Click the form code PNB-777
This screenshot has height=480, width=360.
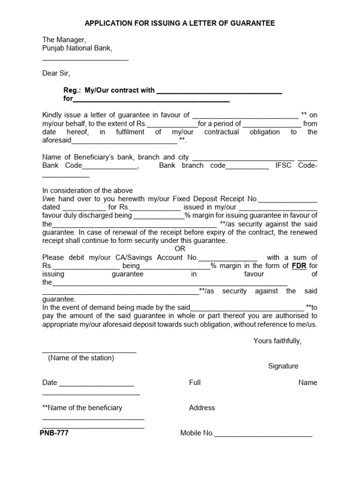coord(54,433)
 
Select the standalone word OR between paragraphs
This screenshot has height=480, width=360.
coord(180,249)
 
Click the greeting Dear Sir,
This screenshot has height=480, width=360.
coord(56,73)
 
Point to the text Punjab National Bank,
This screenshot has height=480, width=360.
coord(77,48)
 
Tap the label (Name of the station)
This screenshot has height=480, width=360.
coord(81,358)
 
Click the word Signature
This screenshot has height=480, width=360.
coord(283,366)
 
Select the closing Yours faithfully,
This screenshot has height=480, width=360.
coord(277,341)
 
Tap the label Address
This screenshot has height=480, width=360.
coord(202,408)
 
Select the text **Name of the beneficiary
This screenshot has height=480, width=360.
coord(82,408)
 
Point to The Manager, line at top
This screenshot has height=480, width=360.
coord(64,40)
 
